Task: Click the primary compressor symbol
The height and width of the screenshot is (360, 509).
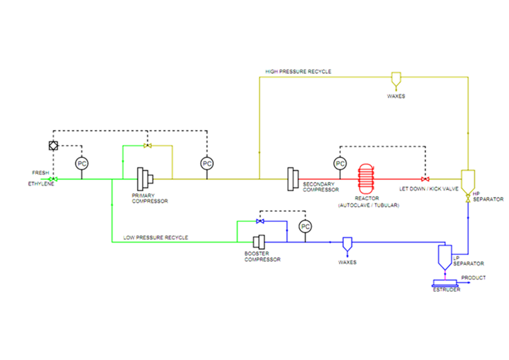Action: click(146, 179)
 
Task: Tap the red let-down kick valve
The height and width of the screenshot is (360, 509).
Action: click(425, 179)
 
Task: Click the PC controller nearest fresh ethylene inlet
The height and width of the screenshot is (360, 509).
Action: click(81, 164)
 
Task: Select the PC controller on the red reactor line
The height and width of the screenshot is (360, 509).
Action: click(340, 164)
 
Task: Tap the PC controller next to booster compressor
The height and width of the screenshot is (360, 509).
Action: click(305, 227)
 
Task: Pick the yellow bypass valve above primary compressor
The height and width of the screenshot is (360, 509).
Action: click(147, 146)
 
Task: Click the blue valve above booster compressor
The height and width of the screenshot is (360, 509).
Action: click(260, 221)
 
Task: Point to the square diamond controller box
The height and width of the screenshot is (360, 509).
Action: click(53, 146)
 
